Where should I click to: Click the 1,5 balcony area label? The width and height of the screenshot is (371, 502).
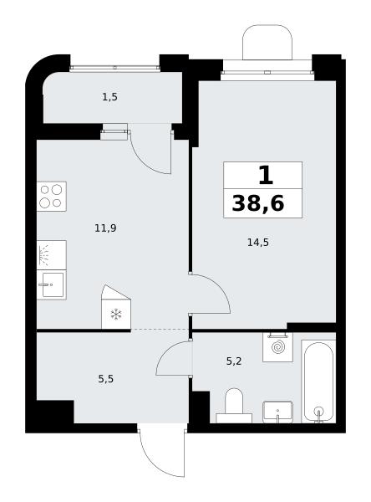pyautogui.click(x=109, y=97)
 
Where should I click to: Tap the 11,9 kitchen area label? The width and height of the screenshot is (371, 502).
pyautogui.click(x=105, y=228)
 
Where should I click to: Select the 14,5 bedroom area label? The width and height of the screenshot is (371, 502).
pyautogui.click(x=258, y=243)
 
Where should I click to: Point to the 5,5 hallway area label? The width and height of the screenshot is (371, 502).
pyautogui.click(x=106, y=379)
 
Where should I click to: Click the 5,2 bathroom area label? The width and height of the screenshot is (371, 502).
pyautogui.click(x=234, y=361)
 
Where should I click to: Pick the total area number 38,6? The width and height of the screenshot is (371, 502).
pyautogui.click(x=258, y=203)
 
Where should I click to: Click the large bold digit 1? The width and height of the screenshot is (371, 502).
pyautogui.click(x=266, y=176)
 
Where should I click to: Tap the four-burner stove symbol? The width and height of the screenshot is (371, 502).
pyautogui.click(x=52, y=197)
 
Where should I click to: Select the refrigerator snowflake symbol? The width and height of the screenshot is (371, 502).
pyautogui.click(x=116, y=314)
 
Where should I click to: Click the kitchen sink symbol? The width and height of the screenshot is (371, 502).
pyautogui.click(x=52, y=284)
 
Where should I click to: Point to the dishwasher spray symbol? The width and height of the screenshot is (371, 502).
pyautogui.click(x=44, y=255)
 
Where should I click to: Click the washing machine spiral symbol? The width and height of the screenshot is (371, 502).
pyautogui.click(x=277, y=347)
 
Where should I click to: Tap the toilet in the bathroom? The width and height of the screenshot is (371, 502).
pyautogui.click(x=234, y=406)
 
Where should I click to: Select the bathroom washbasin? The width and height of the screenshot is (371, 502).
pyautogui.click(x=277, y=412)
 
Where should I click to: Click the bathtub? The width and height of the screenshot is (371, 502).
pyautogui.click(x=318, y=382)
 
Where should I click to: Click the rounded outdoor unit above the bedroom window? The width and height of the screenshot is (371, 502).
pyautogui.click(x=267, y=43)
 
